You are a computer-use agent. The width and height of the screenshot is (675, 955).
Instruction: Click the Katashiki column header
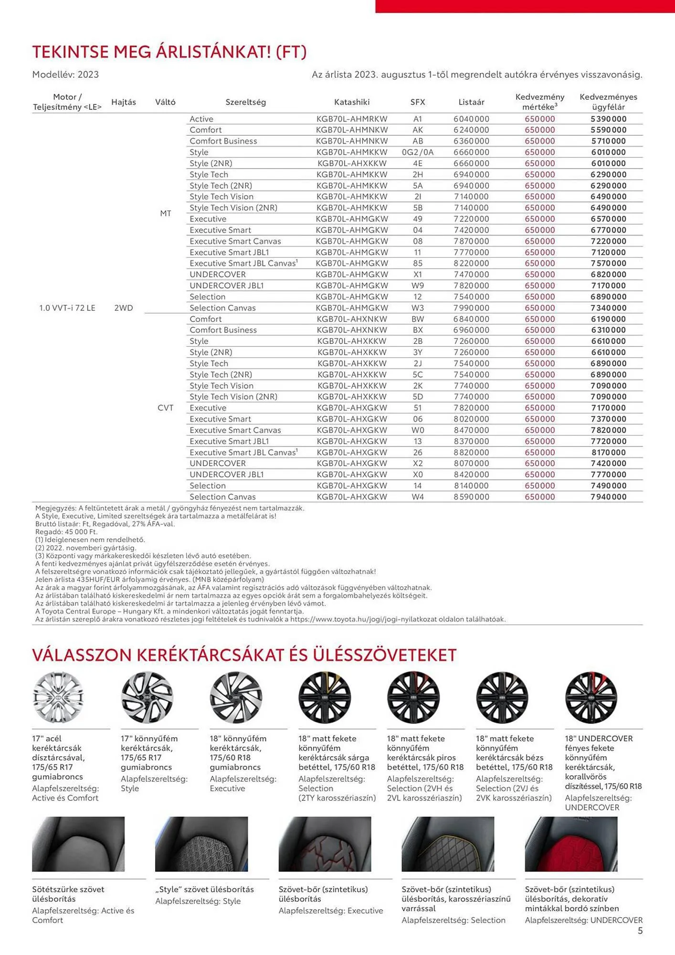(x=352, y=102)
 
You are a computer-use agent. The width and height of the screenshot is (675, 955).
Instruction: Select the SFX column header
(x=418, y=102)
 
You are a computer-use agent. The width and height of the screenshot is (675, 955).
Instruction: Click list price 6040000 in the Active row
(x=471, y=119)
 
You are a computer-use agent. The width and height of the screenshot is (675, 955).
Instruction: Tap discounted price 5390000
(x=608, y=119)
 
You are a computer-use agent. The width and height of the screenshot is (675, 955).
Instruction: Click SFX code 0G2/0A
(x=418, y=152)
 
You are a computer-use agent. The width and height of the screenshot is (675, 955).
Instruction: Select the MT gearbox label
(x=166, y=213)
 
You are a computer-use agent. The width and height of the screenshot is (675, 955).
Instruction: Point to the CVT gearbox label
(x=165, y=408)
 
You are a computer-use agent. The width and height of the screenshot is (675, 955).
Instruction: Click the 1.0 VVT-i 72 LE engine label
(x=67, y=308)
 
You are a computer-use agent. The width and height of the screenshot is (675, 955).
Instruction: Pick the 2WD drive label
(x=124, y=308)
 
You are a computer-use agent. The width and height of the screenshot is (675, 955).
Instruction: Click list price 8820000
(x=471, y=452)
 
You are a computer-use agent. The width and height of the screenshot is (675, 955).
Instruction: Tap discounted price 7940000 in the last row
(x=608, y=497)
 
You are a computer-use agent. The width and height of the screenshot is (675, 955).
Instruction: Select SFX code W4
(x=418, y=497)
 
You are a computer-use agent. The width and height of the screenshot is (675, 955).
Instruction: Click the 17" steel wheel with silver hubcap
(x=58, y=697)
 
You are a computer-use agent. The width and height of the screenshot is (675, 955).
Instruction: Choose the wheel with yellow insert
(x=325, y=697)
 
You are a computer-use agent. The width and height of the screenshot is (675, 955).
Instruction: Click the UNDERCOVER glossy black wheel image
(x=591, y=697)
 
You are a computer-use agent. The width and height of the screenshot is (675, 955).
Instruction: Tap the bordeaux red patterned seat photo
(x=571, y=844)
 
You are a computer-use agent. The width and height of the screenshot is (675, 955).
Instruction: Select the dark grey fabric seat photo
(x=78, y=844)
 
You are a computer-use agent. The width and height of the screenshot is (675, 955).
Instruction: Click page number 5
(x=640, y=931)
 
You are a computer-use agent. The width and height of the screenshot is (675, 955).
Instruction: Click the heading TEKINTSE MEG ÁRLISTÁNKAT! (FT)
(x=169, y=52)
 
